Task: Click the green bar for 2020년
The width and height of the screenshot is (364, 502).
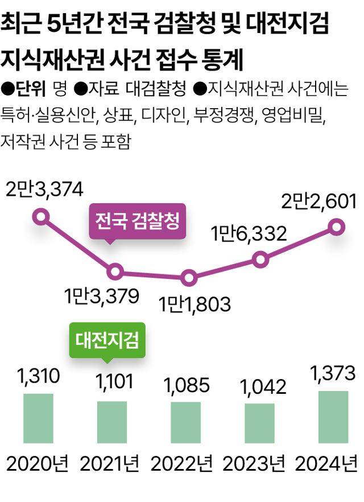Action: tap(38, 418)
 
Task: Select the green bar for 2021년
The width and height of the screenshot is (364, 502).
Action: tap(112, 422)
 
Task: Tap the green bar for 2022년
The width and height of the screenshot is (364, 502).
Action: tap(185, 422)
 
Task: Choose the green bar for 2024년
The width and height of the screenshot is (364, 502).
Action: tap(333, 417)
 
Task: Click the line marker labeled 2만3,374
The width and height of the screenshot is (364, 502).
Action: tap(40, 216)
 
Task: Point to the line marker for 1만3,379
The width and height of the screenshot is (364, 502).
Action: tap(115, 271)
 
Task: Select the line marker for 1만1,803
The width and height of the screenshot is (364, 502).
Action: tap(189, 278)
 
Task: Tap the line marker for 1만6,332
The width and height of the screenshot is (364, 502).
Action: tap(260, 260)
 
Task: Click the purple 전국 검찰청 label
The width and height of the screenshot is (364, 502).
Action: tap(137, 220)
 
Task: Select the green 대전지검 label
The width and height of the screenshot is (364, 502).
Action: tap(107, 340)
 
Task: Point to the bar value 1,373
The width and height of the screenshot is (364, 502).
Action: tap(333, 374)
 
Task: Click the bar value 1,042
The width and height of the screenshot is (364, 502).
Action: tap(259, 387)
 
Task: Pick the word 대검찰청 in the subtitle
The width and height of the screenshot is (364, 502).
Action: tap(155, 89)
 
